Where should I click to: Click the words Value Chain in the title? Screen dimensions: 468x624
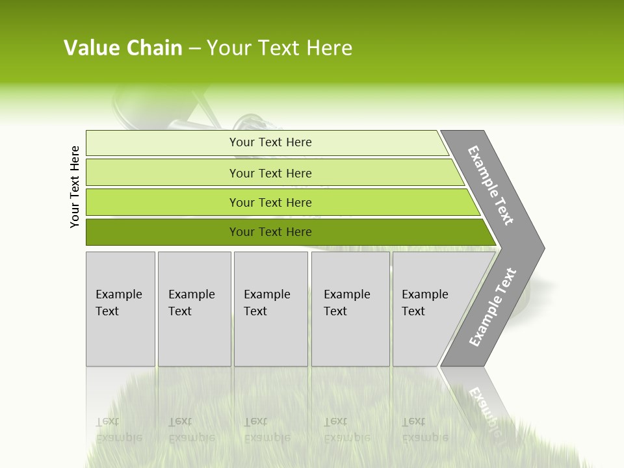(123, 48)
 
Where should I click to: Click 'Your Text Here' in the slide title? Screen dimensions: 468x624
(279, 48)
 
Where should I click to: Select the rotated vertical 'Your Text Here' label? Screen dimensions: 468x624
(75, 187)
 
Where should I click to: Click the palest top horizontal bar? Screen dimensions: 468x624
(162, 142)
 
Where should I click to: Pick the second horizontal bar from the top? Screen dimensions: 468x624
(162, 172)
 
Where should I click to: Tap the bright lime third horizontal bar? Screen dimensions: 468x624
(162, 202)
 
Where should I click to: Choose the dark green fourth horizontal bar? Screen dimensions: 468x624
(162, 232)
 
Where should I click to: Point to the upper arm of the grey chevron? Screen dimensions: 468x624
(491, 185)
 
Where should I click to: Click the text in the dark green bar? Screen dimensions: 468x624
(270, 232)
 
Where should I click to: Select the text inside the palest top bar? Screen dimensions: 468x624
(270, 142)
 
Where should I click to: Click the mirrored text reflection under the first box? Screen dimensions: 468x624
(119, 430)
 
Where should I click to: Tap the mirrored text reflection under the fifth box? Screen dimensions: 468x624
(425, 430)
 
